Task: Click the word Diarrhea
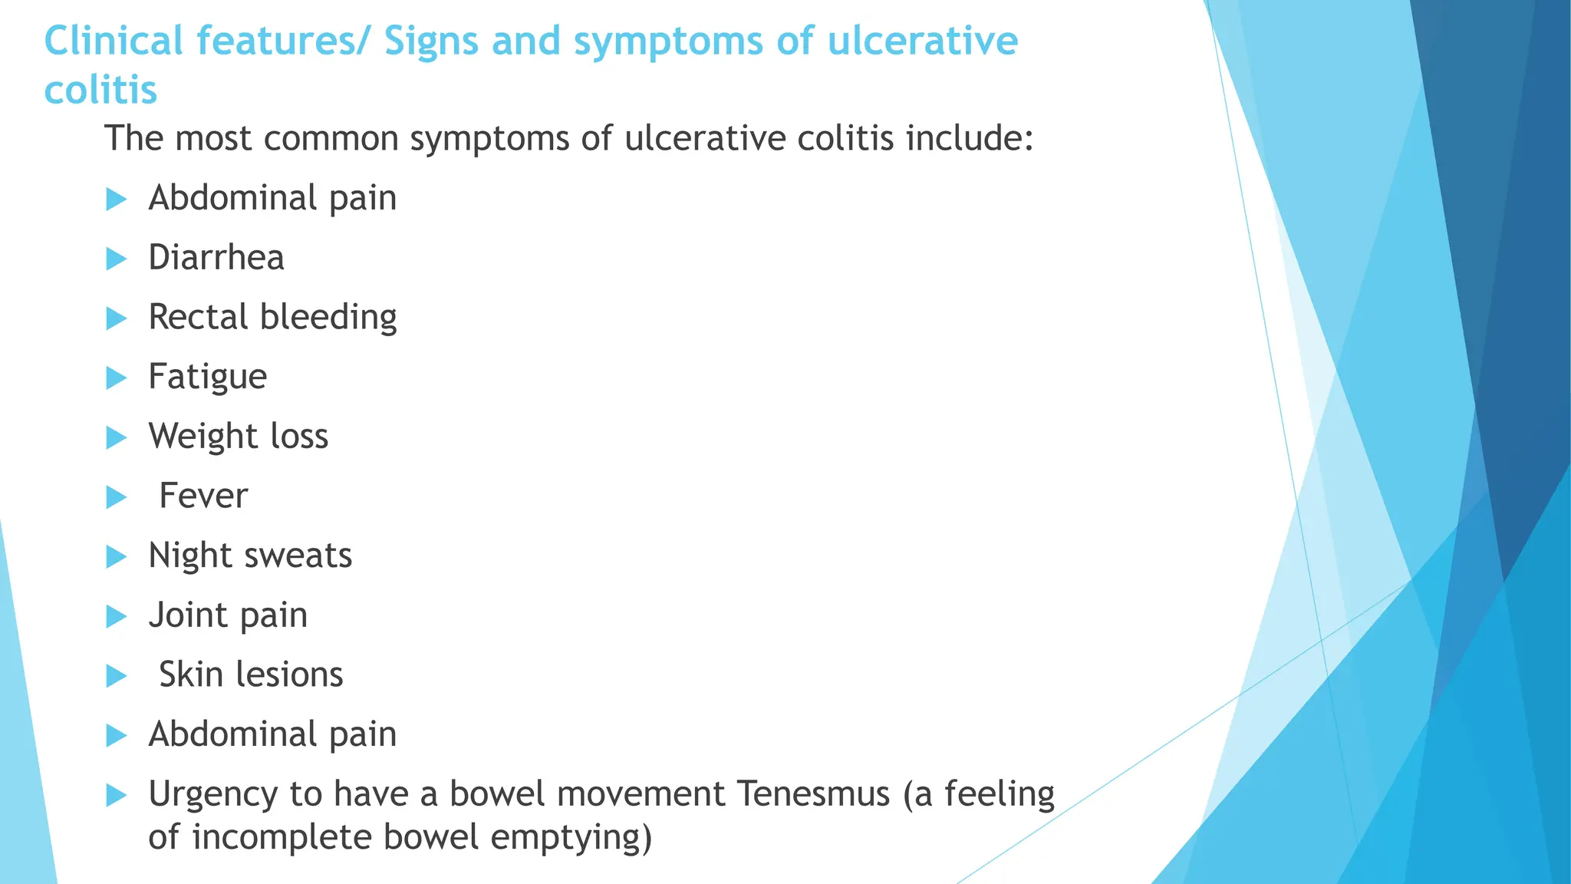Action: click(216, 258)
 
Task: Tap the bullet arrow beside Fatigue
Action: click(116, 378)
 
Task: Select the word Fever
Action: click(203, 496)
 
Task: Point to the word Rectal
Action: click(199, 318)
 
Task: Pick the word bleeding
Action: click(328, 318)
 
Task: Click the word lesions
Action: click(289, 675)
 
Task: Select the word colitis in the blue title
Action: click(100, 91)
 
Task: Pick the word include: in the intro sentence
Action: click(970, 139)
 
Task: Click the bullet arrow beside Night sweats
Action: click(116, 556)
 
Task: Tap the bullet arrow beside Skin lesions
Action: click(116, 676)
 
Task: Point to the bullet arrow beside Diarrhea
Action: click(116, 259)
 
